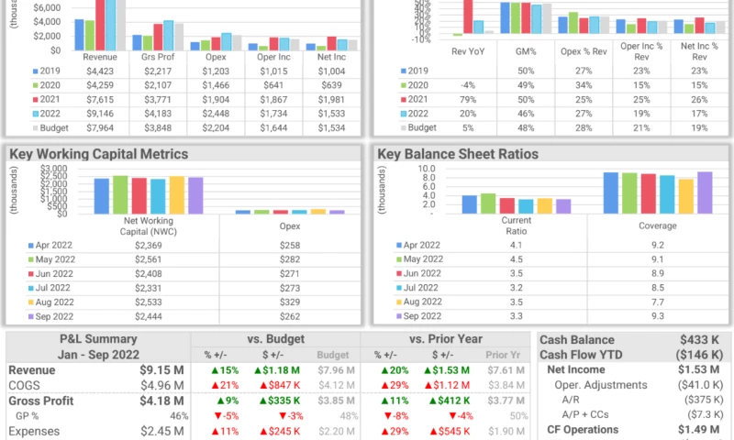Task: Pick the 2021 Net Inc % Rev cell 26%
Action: pos(700,99)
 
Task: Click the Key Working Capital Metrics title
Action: pos(98,154)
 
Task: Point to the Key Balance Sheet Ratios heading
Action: pos(458,154)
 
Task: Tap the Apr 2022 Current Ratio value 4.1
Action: pos(516,246)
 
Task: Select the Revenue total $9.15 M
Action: pos(163,370)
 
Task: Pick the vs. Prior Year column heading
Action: pos(445,339)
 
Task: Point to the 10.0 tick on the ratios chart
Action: pos(400,169)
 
